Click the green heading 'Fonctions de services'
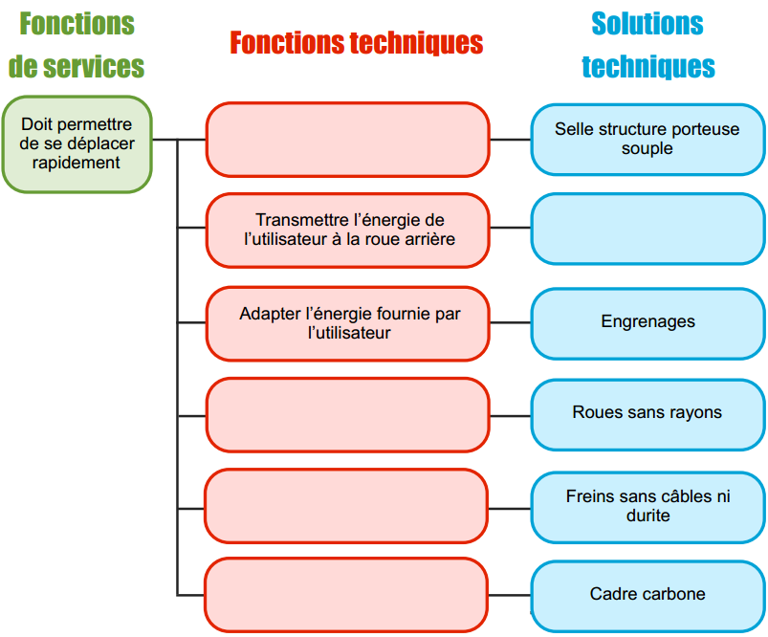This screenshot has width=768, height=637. click(77, 45)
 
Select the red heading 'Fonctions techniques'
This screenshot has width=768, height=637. click(356, 43)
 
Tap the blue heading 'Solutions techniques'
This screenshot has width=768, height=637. click(647, 45)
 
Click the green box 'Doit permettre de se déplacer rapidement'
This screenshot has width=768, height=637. click(77, 143)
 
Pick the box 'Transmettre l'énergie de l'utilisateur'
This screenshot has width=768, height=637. click(348, 230)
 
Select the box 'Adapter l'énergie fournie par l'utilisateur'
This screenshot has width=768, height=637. click(348, 323)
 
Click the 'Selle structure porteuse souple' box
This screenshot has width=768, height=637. click(647, 139)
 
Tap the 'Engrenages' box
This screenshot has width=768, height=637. click(647, 322)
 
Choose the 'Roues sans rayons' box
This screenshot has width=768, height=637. click(647, 413)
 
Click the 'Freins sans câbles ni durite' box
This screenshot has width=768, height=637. click(647, 506)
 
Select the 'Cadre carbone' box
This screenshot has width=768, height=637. click(647, 595)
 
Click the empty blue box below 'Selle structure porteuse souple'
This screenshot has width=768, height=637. click(647, 230)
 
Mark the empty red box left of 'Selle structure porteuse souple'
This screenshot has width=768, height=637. click(348, 140)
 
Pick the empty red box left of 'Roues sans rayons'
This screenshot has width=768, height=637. click(348, 414)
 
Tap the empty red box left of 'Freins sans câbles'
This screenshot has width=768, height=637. click(348, 506)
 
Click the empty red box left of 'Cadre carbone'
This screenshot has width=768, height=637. click(348, 595)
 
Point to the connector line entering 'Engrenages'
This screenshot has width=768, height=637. click(510, 322)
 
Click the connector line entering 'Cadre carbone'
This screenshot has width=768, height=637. click(510, 595)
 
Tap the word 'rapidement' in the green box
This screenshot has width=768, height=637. click(77, 163)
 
